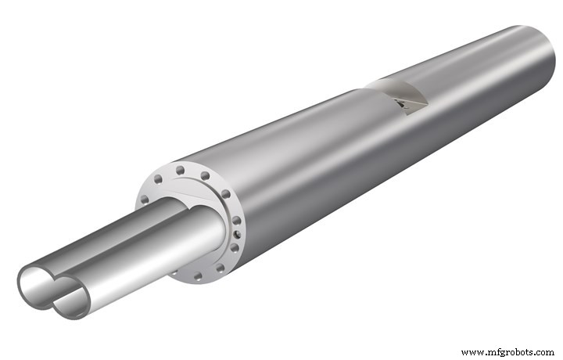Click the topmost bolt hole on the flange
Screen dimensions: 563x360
181,170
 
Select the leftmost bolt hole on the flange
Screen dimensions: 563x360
145,200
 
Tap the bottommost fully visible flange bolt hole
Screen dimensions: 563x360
198,276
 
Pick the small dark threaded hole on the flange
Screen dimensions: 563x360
238,235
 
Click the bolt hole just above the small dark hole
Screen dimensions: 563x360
236,220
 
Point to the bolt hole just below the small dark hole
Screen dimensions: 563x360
234,248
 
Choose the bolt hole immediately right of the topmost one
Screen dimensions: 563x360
205,176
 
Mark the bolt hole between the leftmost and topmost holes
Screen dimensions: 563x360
158,179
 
